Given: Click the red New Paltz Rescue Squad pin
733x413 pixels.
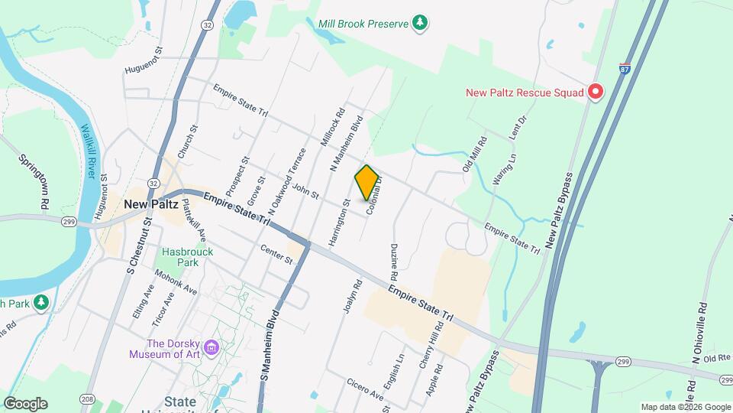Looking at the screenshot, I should (x=595, y=93).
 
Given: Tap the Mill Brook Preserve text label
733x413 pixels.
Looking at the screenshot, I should (x=364, y=24).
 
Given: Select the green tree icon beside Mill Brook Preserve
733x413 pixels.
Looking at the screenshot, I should (x=419, y=24).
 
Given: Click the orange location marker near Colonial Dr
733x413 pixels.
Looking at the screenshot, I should (x=367, y=183).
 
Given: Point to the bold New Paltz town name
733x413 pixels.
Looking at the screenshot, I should (x=150, y=204).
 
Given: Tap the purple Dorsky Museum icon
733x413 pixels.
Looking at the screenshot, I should (x=212, y=349).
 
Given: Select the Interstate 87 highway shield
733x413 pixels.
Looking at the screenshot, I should (x=625, y=68).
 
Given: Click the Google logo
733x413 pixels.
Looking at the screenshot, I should (x=25, y=404).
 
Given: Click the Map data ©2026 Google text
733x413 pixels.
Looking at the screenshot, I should (x=685, y=407).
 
